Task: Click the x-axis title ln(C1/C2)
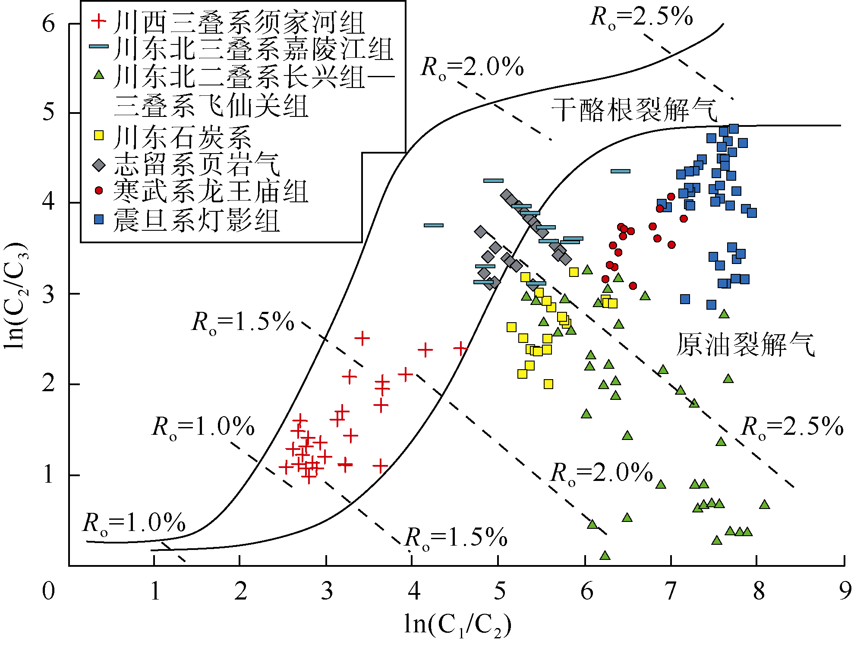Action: pos(457,624)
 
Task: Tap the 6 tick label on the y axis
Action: pos(49,23)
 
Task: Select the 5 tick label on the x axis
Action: pos(499,591)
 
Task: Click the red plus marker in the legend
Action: pos(99,21)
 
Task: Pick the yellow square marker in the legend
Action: pos(99,135)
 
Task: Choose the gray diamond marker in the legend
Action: pos(99,165)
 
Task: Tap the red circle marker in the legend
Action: pos(99,190)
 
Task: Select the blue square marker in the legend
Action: pos(99,220)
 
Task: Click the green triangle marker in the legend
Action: pos(99,75)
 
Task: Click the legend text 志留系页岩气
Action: pos(196,165)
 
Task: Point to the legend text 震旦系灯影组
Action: pos(196,220)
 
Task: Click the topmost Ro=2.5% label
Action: pos(641,17)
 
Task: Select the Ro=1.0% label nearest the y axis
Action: pos(134,523)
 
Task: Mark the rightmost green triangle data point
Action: pos(765,504)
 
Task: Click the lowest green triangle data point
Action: pos(605,555)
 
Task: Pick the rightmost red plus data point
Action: pos(461,348)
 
